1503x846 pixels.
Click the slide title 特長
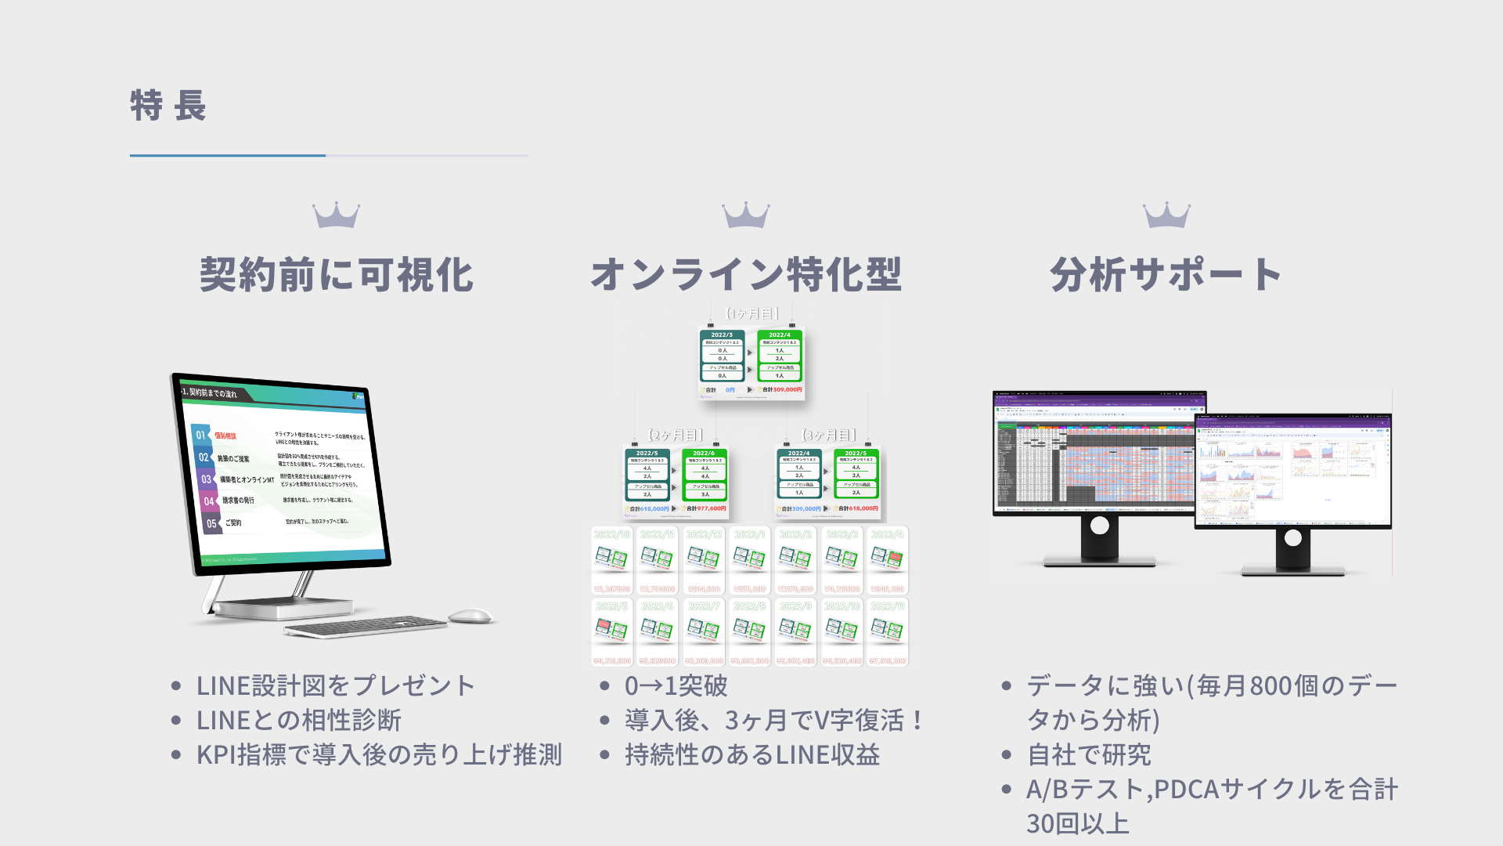168,106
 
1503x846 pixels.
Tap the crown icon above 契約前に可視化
336,215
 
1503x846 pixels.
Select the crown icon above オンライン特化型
745,215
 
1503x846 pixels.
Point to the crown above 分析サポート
1166,215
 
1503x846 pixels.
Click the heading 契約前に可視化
337,275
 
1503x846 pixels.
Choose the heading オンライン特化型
746,275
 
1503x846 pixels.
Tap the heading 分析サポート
1166,275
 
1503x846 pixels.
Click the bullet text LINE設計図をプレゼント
336,685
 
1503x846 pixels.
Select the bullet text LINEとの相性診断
298,720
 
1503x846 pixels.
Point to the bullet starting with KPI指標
379,754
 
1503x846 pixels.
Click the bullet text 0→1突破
676,685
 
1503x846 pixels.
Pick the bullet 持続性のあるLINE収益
752,754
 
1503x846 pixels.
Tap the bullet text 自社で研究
1089,754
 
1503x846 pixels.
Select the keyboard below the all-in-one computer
365,627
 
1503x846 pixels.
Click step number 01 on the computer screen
200,435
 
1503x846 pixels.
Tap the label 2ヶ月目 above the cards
675,435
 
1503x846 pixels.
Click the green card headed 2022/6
705,475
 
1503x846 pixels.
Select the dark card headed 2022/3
722,356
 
